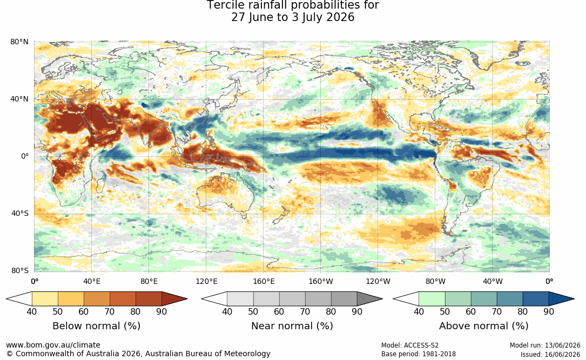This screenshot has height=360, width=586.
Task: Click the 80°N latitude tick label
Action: click(x=19, y=42)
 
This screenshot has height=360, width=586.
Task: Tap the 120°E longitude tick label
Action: click(x=206, y=281)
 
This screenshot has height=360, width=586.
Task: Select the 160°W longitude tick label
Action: click(x=321, y=281)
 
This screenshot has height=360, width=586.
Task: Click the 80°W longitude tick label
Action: click(x=435, y=281)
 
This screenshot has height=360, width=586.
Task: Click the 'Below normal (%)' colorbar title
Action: click(x=97, y=326)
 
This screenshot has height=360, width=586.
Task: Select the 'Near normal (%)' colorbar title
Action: click(x=292, y=326)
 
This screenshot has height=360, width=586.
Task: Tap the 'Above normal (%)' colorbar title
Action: click(x=483, y=326)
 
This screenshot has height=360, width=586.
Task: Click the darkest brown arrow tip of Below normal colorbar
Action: click(x=174, y=299)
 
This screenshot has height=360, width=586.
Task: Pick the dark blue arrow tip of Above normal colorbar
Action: click(x=561, y=299)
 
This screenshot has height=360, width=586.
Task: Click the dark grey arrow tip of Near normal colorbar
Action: click(x=369, y=299)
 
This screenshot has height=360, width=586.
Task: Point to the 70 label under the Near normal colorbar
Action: click(x=305, y=311)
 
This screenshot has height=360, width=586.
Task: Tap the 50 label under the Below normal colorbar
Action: click(x=58, y=311)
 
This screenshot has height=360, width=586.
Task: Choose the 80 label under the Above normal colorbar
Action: click(x=522, y=311)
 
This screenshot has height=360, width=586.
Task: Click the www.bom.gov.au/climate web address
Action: click(x=53, y=345)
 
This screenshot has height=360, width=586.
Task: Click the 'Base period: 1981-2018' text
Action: click(x=419, y=354)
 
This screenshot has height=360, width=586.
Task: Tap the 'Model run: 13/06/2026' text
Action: click(x=545, y=345)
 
